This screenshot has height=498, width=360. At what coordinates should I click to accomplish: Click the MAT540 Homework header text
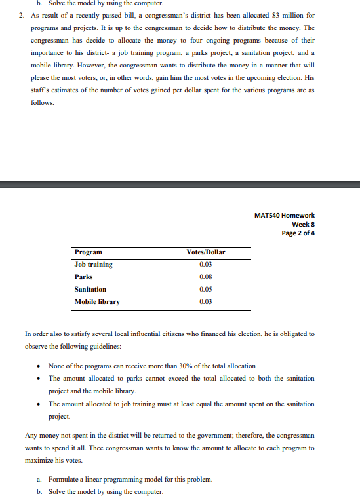pos(284,215)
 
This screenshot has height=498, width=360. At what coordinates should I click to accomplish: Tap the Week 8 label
pos(302,224)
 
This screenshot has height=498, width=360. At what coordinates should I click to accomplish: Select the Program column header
pos(89,252)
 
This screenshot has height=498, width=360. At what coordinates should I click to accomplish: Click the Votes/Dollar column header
pos(206,252)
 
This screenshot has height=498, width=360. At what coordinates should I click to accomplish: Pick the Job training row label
pos(94,264)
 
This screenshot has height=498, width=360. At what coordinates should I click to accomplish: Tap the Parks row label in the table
pos(84,277)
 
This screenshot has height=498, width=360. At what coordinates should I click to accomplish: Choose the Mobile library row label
pos(98,301)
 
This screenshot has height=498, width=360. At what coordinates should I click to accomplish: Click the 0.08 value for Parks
pos(206,277)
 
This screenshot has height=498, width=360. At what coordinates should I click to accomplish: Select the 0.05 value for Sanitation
pos(206,289)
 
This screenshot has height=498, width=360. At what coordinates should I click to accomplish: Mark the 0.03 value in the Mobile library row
pos(206,301)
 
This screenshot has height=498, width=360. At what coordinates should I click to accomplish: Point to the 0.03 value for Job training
pos(206,264)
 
